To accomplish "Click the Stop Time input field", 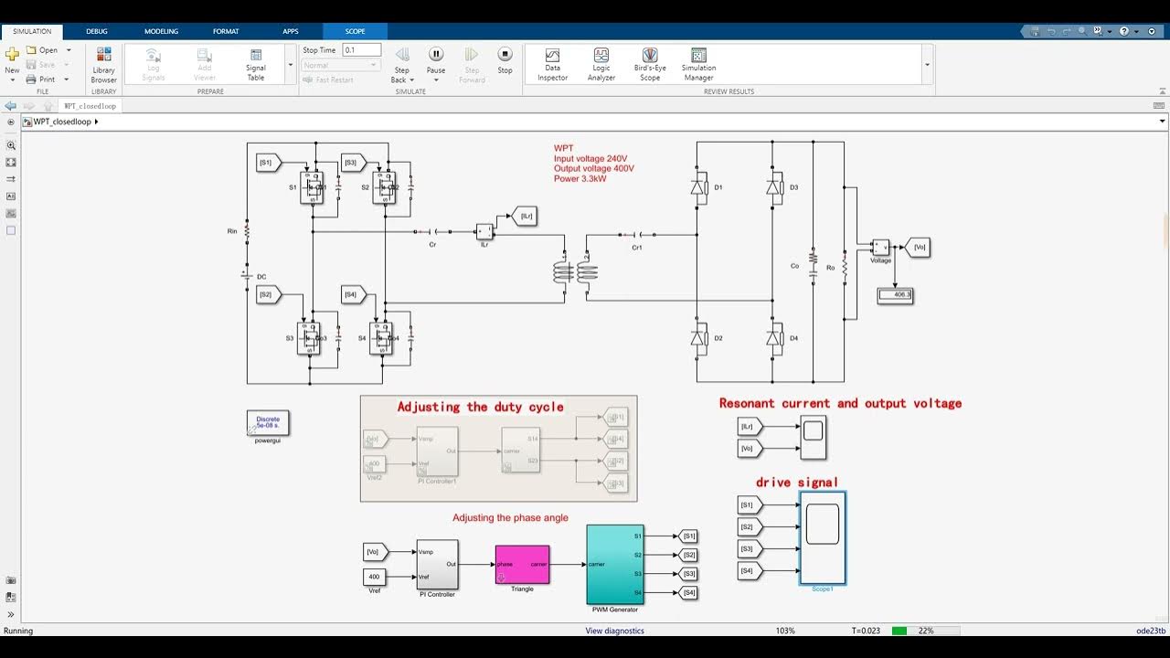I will click(x=361, y=50).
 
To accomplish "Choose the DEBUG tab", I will click(x=97, y=31).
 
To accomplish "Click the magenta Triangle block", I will click(x=522, y=565).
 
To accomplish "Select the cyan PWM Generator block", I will click(x=613, y=564).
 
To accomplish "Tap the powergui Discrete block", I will click(x=268, y=422).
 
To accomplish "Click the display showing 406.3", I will click(x=895, y=295).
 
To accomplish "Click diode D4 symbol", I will click(x=774, y=338).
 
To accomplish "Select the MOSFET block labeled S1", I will click(x=312, y=188).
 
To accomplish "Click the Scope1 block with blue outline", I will click(x=822, y=537).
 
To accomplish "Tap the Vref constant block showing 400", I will click(x=374, y=577).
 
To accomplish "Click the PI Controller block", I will click(x=437, y=564).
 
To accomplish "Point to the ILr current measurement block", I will click(x=484, y=232).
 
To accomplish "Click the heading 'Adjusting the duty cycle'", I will click(x=480, y=407).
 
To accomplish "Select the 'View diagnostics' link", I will click(x=614, y=631).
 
